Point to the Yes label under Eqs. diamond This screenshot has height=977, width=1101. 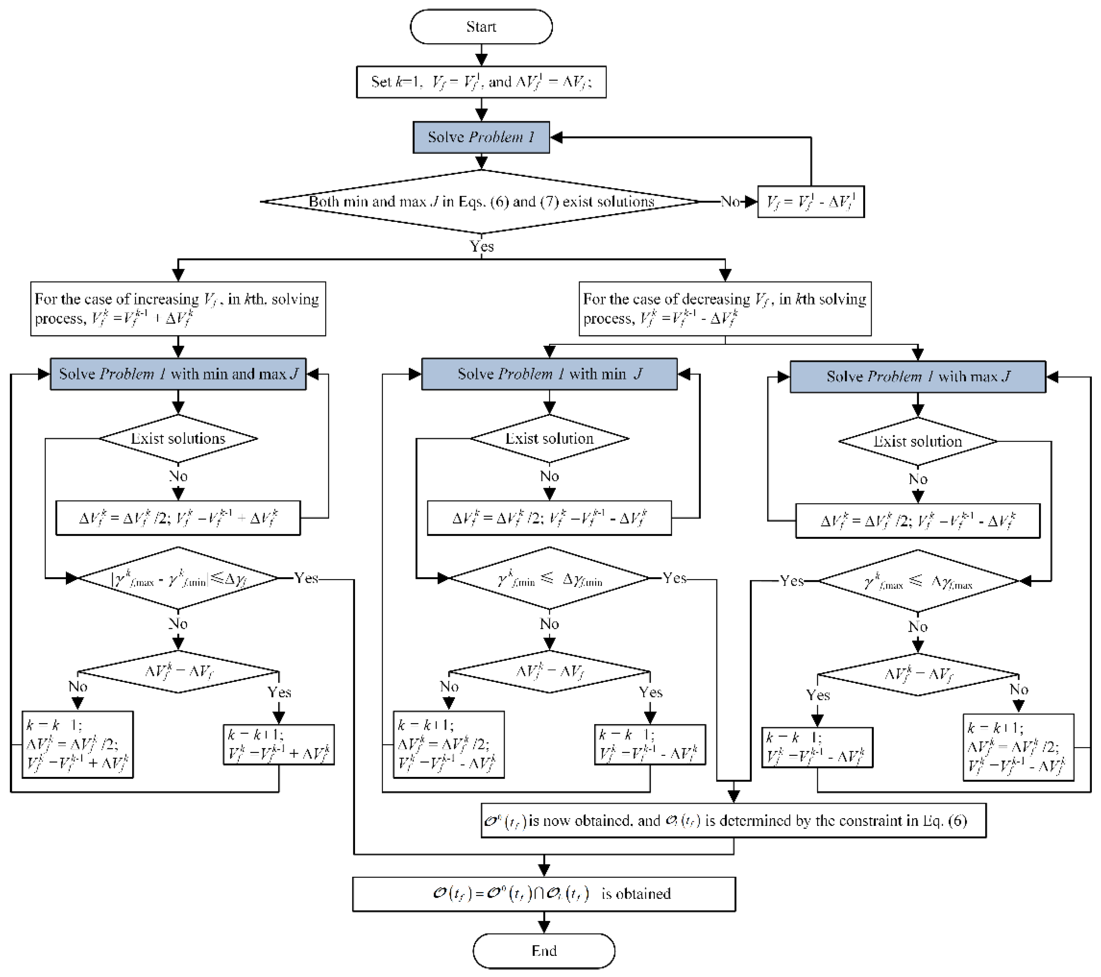481,246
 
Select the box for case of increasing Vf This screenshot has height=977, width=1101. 178,309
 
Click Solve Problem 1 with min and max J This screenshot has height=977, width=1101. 178,374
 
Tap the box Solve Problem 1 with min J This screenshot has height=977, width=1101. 549,374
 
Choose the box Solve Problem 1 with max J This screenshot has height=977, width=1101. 917,377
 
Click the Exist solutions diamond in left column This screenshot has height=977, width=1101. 178,438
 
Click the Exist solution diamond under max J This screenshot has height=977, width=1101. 917,442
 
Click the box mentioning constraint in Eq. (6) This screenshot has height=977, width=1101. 733,820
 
